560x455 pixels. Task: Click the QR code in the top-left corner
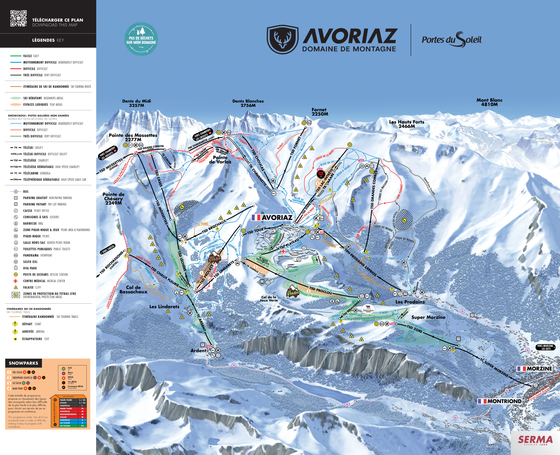[x=18, y=18]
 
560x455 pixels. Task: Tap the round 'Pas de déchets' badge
[x=141, y=39]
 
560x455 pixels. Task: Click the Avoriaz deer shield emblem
[x=282, y=40]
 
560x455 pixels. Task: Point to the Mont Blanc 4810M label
[x=489, y=102]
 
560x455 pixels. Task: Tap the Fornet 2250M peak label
[x=319, y=112]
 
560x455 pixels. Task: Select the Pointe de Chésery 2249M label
[x=113, y=198]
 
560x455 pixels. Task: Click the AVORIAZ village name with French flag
[x=272, y=218]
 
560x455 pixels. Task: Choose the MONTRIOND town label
[x=500, y=401]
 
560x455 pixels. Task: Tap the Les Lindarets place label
[x=164, y=307]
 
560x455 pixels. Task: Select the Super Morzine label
[x=428, y=317]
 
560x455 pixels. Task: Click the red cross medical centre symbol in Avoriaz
[x=283, y=251]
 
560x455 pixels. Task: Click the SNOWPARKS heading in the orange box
[x=24, y=363]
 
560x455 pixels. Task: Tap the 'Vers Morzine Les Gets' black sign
[x=545, y=347]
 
